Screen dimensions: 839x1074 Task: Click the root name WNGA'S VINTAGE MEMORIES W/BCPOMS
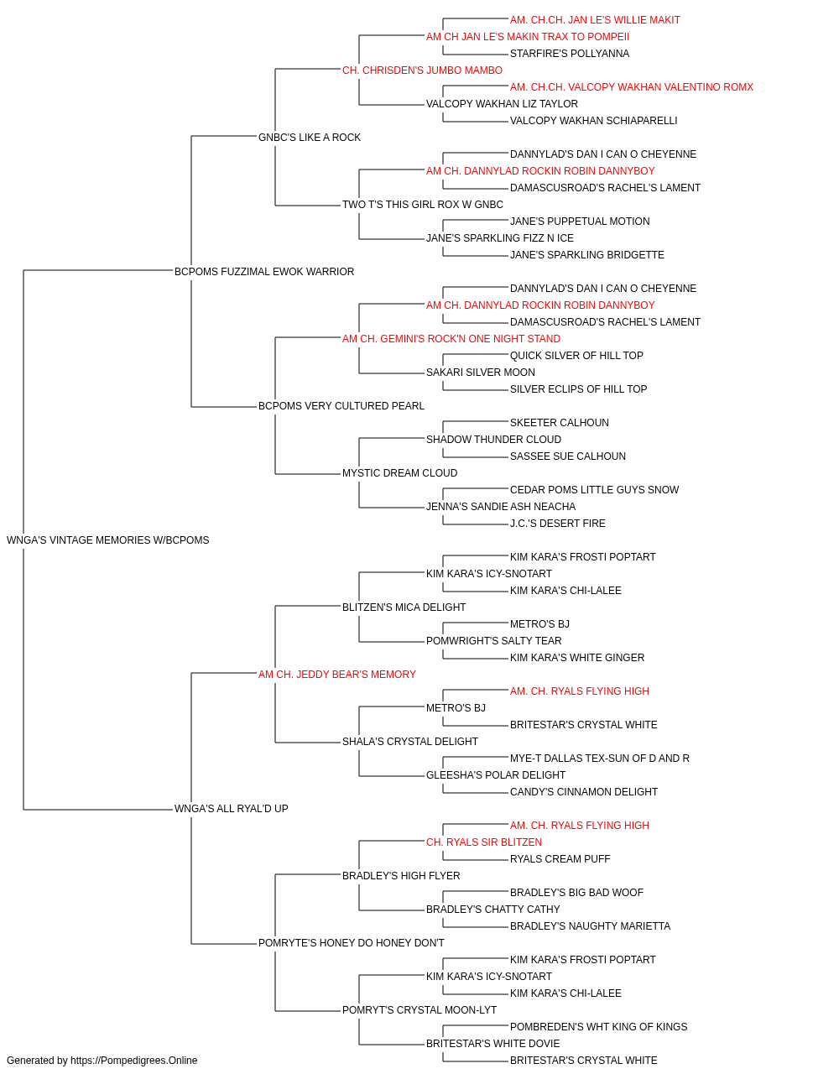coord(107,540)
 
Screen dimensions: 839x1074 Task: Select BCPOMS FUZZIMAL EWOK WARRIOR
coord(264,272)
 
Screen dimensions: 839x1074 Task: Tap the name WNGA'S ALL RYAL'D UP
coord(232,809)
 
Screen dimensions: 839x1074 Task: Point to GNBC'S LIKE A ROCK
coord(310,138)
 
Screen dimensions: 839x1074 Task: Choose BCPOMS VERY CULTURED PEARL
coord(341,406)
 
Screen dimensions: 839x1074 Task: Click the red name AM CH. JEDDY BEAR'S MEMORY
coord(337,675)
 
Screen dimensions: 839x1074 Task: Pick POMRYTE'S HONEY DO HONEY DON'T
coord(352,943)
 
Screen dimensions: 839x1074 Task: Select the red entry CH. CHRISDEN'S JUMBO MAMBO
coord(423,70)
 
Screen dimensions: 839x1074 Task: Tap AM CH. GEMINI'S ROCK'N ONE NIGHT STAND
coord(451,339)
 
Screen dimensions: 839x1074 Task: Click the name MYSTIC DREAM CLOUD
coord(399,473)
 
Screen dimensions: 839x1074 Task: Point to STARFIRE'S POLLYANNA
coord(570,54)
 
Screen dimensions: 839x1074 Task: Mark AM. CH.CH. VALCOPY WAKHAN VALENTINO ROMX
coord(632,87)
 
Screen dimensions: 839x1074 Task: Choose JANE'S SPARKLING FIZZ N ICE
coord(500,238)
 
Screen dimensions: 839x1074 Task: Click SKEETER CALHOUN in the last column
coord(560,423)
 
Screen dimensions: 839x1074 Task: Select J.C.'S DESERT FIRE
coord(557,524)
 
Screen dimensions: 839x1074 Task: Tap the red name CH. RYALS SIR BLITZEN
coord(484,842)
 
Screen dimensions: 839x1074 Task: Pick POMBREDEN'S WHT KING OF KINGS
coord(598,1027)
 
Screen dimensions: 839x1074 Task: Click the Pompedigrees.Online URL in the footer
coord(133,1061)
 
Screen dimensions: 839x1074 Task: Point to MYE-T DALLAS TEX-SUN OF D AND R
coord(599,759)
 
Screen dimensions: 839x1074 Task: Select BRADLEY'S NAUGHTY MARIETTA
coord(590,926)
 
